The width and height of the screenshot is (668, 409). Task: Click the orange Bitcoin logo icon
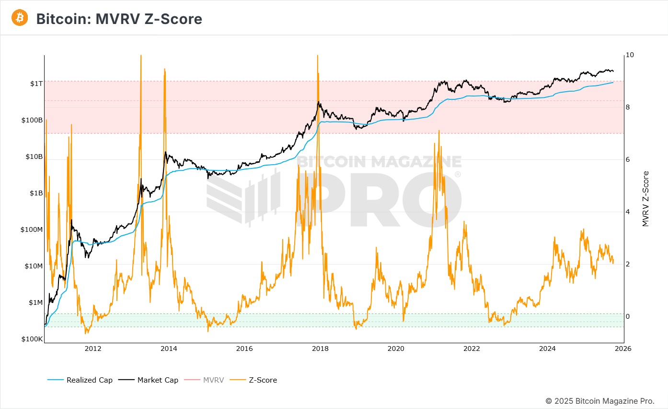click(x=20, y=18)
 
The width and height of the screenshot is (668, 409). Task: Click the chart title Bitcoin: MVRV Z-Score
click(x=119, y=19)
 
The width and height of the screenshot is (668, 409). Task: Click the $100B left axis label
click(x=32, y=120)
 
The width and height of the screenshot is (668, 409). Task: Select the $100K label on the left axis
click(x=32, y=339)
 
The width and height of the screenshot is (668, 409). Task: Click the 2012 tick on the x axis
click(x=93, y=349)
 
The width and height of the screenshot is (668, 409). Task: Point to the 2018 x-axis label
click(x=320, y=349)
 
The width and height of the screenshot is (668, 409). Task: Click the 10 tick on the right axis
click(x=630, y=55)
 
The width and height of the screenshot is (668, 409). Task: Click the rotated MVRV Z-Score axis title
click(x=645, y=199)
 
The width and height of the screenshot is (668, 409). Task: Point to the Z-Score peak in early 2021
click(x=438, y=131)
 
